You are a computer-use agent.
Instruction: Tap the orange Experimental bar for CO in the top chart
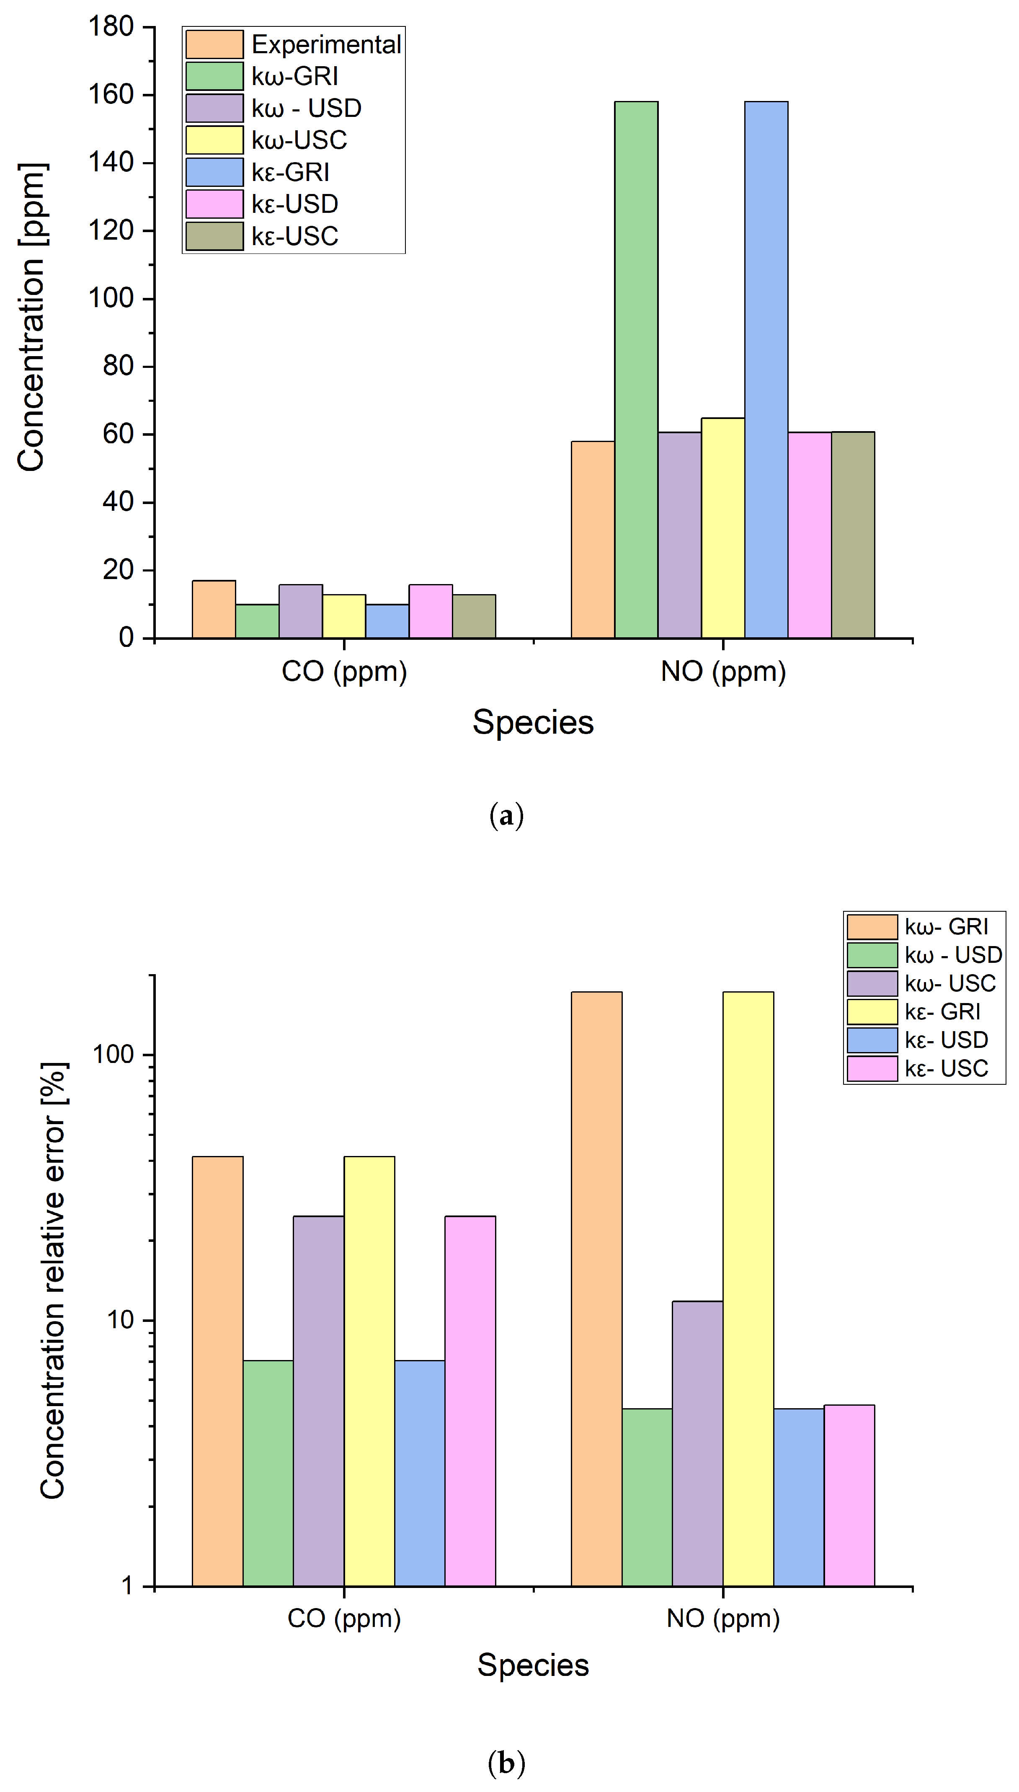coord(214,609)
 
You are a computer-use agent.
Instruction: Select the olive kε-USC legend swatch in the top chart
coord(214,236)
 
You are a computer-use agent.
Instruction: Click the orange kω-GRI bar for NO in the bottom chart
coord(596,1288)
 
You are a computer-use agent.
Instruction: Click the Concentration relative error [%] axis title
coord(53,1281)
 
